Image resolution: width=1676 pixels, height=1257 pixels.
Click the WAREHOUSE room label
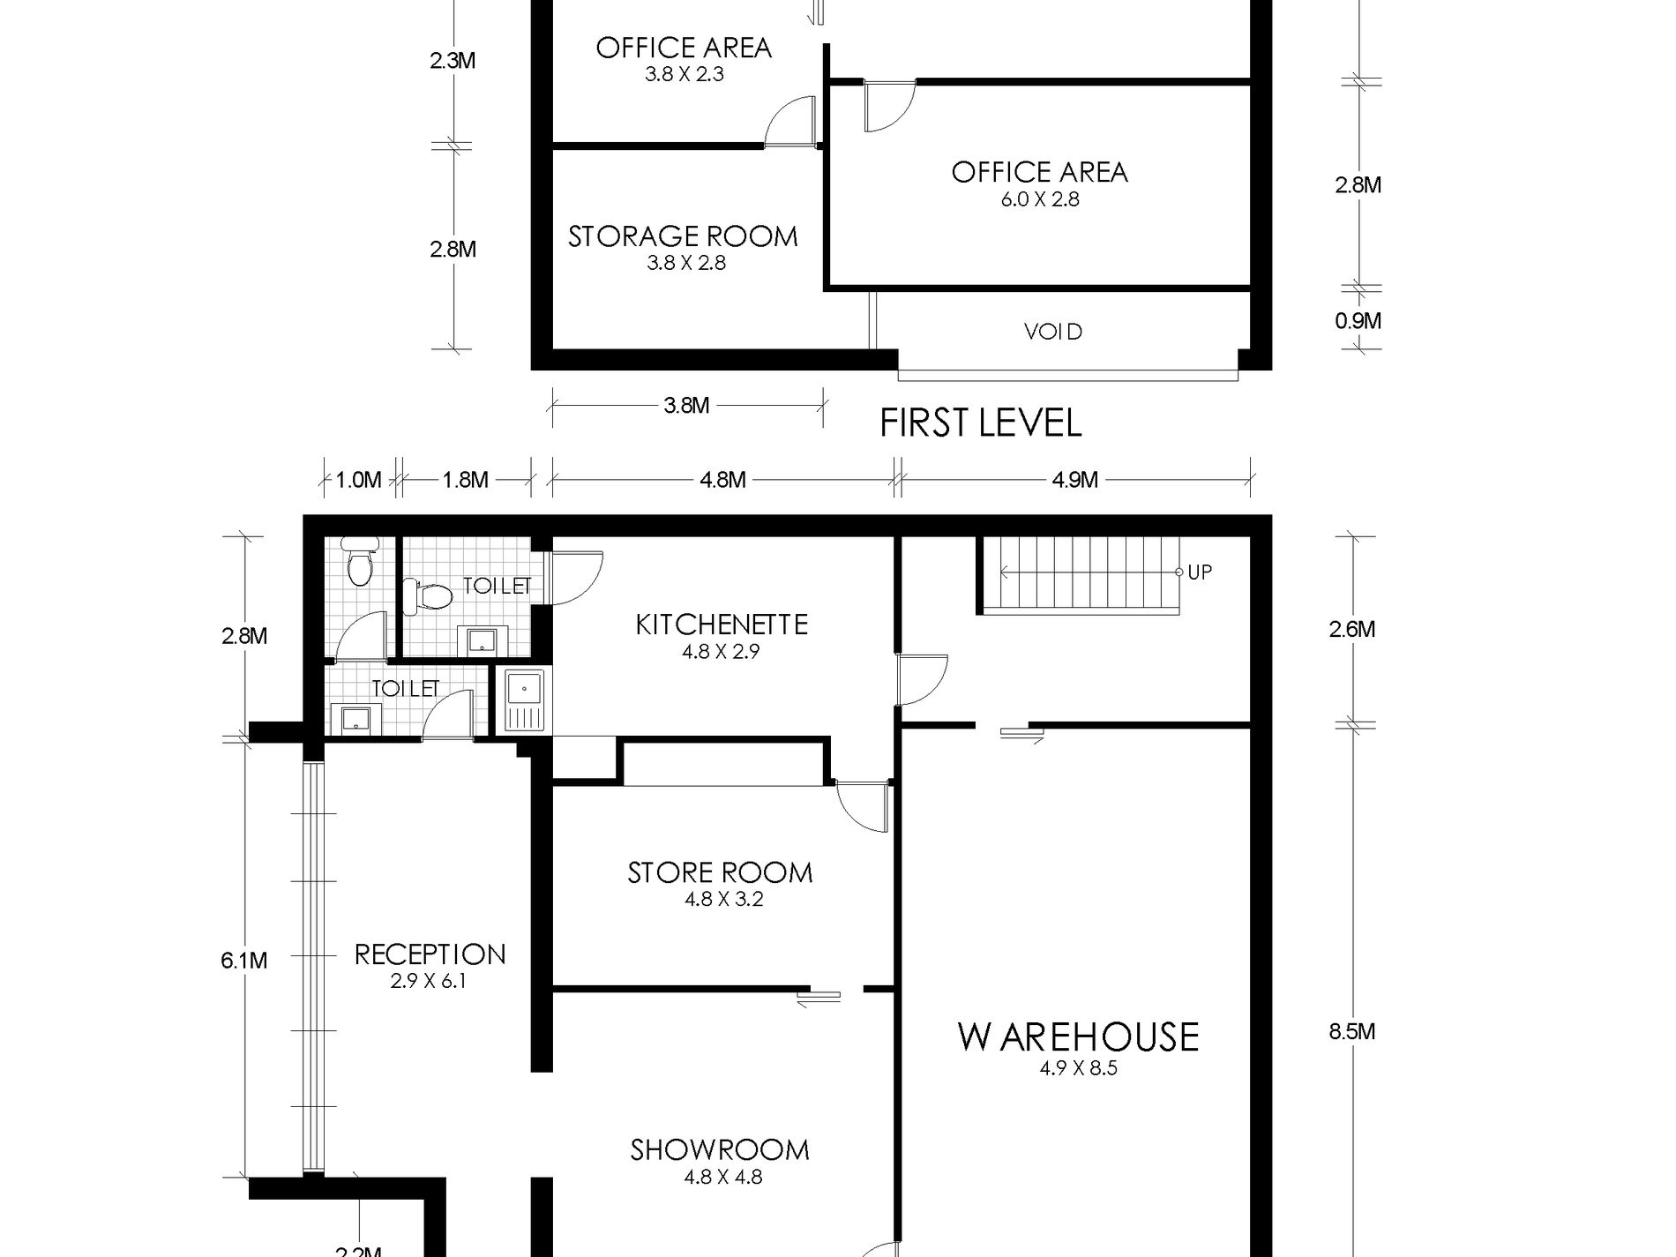pos(1078,1037)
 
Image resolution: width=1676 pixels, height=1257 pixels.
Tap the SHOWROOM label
pos(720,1150)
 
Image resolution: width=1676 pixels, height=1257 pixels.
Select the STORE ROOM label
pos(720,873)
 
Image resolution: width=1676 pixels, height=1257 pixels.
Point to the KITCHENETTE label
pos(722,625)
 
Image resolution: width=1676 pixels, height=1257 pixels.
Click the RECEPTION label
pos(430,954)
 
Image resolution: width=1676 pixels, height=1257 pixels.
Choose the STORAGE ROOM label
pos(683,236)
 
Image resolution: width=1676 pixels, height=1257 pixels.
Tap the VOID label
pos(1053,332)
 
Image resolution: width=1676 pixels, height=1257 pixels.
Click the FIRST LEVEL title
pos(981,423)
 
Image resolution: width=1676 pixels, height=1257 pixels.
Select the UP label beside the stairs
pos(1200,572)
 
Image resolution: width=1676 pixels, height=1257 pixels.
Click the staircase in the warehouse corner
pos(1079,575)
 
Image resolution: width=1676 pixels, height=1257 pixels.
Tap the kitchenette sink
pos(525,700)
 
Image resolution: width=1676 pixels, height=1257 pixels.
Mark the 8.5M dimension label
pos(1352,1031)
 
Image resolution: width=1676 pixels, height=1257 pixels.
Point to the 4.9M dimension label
pos(1074,480)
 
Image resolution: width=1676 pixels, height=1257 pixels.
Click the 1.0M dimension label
pos(359,480)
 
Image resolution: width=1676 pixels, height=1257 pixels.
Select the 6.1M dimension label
pos(244,960)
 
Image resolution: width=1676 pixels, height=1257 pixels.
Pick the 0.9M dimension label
pos(1358,321)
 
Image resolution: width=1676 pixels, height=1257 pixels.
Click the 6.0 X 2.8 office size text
pos(1040,199)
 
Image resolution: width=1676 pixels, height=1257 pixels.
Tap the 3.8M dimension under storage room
pos(686,405)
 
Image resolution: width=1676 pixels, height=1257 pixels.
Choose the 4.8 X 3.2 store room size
pos(723,900)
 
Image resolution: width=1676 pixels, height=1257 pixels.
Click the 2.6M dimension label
pos(1352,630)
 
